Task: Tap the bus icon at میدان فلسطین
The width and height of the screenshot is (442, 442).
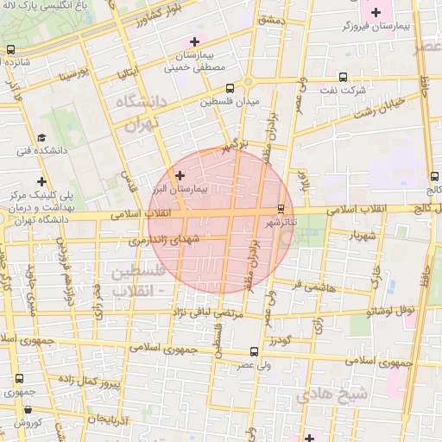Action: pos(230,87)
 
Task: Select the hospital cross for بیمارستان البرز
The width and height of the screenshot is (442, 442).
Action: pos(180,175)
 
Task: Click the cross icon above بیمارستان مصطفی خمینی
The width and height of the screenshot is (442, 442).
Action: pos(194,41)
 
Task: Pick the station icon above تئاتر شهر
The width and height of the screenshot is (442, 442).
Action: pos(281,208)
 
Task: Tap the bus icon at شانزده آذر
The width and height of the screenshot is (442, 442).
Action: pos(9,49)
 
